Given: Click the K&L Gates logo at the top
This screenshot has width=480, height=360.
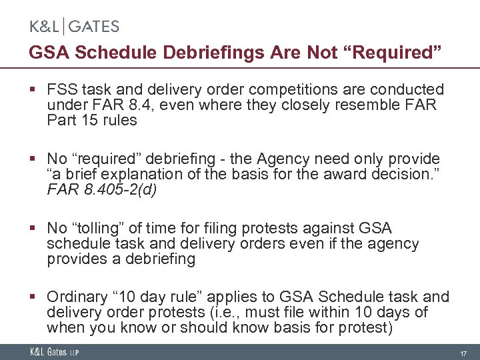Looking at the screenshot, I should pos(74,27).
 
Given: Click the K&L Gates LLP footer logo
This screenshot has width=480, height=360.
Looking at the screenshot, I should pos(53,352).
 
